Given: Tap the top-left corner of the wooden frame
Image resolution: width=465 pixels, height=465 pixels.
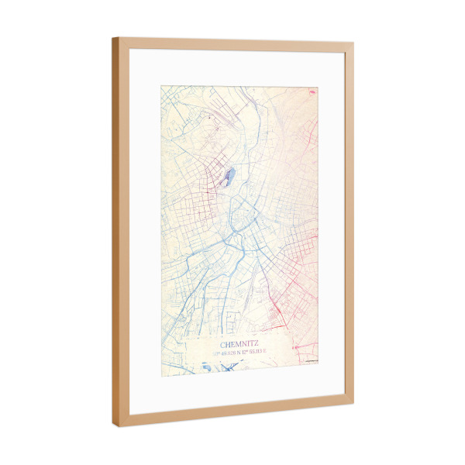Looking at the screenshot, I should click(113, 39).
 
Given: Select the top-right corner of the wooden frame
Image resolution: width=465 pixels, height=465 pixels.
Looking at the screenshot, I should click(353, 45).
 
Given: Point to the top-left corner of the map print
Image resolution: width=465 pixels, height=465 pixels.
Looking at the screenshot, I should click(161, 86).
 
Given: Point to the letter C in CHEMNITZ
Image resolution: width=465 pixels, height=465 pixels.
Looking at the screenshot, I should click(223, 343).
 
